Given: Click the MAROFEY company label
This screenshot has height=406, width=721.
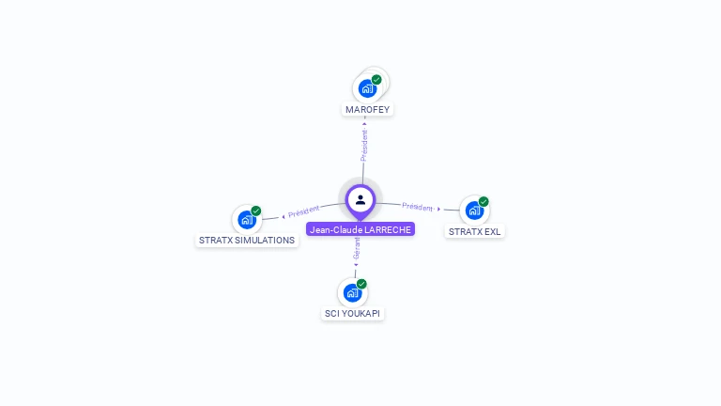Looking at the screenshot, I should pos(367,109).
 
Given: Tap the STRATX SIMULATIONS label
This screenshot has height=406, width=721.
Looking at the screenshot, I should pos(247,240).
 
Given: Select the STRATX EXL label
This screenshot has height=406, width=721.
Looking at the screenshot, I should pos(474,231).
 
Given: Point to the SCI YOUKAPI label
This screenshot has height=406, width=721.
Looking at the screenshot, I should pos(353,313).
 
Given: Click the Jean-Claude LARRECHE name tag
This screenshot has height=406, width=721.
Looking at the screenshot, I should pos(360,229).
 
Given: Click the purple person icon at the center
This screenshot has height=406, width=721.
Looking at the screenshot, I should pos(360,199).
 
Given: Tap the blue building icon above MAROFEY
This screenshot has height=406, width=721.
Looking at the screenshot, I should pos(366,88).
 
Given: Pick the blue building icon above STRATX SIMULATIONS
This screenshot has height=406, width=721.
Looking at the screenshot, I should pos(246,220).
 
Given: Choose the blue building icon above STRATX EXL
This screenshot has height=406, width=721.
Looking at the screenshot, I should pos(473,211).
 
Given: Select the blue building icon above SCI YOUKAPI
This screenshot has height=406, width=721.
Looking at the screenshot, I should pos(352,292).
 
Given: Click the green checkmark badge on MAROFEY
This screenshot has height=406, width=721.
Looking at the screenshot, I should pos(376,80).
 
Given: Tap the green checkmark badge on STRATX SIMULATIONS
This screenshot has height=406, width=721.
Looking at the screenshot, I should pos(256,211).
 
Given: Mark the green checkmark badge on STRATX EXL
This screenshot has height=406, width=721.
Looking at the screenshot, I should pos(483,201).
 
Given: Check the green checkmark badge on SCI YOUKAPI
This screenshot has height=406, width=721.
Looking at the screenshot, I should pos(361,284).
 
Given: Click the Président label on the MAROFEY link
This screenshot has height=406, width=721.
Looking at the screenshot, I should pos(364,145).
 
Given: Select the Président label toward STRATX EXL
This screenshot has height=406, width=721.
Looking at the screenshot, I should pos(418,207).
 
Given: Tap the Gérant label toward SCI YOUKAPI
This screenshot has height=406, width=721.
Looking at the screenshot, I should pos(357,249).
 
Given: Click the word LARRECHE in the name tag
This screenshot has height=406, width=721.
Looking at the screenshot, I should pos(386,229).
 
